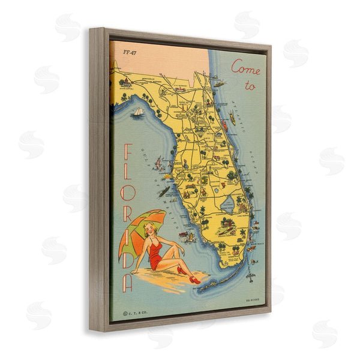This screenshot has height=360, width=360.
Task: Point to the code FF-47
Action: point(128,52)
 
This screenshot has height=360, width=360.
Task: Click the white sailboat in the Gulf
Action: point(139,112)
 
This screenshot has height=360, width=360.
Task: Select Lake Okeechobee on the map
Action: point(228,205)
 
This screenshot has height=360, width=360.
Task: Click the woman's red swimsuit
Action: point(157,253)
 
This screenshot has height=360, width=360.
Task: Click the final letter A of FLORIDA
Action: point(127,281)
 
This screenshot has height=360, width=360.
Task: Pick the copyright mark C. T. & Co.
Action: point(134,311)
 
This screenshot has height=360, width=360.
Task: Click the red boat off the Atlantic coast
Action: point(232,119)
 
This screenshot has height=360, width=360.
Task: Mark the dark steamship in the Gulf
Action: point(163,191)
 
